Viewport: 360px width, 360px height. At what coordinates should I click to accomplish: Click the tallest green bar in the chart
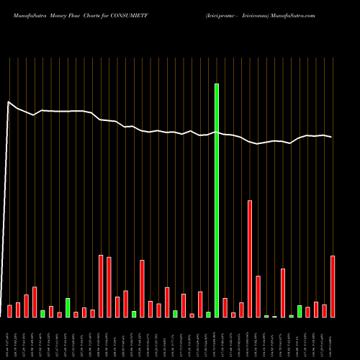click(x=217, y=200)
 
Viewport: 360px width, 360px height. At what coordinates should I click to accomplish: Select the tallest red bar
click(x=250, y=258)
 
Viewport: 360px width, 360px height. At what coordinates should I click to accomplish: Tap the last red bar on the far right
click(x=333, y=286)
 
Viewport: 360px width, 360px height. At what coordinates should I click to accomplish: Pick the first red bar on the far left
click(x=9, y=311)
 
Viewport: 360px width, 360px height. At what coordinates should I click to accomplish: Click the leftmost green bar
click(x=42, y=313)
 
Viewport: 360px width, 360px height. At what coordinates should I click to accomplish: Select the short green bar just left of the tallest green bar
click(x=208, y=314)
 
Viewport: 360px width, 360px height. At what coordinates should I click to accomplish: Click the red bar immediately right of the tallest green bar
click(x=225, y=307)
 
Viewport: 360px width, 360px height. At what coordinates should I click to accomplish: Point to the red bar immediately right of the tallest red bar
click(x=258, y=296)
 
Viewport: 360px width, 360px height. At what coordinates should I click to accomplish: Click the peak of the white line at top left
click(x=8, y=102)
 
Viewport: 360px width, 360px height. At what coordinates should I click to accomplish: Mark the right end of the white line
click(x=332, y=137)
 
